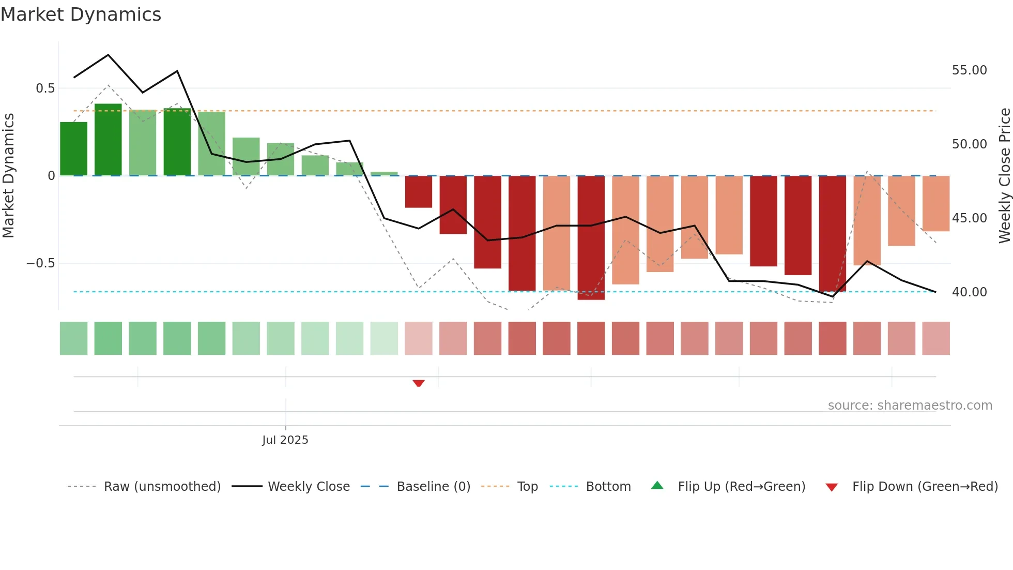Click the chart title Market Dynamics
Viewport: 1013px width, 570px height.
tap(81, 14)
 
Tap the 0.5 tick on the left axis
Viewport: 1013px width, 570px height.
tap(45, 88)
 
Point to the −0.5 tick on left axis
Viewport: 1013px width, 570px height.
tap(40, 263)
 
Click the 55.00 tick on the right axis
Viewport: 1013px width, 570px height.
tap(969, 70)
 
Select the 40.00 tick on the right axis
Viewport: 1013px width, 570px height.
tap(969, 292)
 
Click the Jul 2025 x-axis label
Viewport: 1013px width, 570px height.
tap(285, 440)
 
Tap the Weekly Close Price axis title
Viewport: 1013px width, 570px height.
tap(1004, 176)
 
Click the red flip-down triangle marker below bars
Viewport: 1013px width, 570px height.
tap(419, 383)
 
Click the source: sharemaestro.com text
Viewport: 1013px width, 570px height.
tap(910, 406)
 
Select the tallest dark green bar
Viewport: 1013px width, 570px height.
tap(108, 140)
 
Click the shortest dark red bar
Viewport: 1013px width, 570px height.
tap(419, 192)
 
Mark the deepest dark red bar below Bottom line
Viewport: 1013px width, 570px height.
tap(591, 238)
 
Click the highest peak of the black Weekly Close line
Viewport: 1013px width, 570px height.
tap(108, 55)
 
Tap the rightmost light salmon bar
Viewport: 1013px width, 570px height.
tap(935, 203)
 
